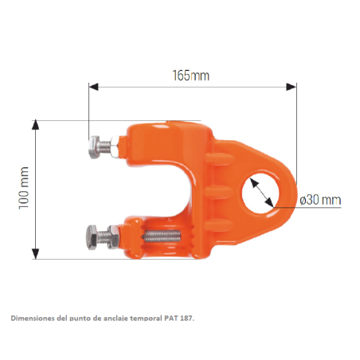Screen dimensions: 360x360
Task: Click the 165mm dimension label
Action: (x=191, y=76)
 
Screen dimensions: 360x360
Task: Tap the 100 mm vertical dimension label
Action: (x=24, y=188)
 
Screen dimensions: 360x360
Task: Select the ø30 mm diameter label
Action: (x=320, y=200)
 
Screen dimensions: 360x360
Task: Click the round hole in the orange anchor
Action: (x=260, y=194)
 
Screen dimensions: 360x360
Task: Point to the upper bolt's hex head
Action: (x=94, y=147)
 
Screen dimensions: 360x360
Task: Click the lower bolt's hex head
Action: (x=92, y=237)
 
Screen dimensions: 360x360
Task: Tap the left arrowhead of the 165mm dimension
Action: (x=94, y=87)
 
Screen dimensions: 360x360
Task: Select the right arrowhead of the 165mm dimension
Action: (x=292, y=87)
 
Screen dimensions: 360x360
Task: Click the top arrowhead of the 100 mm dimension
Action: (x=35, y=125)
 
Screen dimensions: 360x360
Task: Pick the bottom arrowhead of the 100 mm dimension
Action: (x=35, y=254)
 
